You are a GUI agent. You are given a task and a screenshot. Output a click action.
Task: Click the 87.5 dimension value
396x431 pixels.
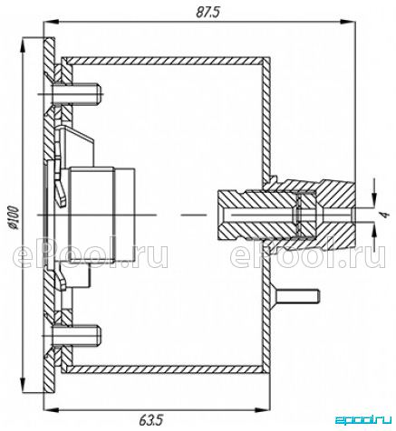pyautogui.click(x=208, y=13)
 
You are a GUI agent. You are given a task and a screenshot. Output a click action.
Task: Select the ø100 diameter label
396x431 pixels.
pyautogui.click(x=14, y=217)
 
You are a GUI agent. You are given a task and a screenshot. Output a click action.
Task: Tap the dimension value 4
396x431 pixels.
pyautogui.click(x=383, y=215)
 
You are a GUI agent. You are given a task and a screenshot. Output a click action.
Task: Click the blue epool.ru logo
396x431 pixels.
pyautogui.click(x=364, y=420)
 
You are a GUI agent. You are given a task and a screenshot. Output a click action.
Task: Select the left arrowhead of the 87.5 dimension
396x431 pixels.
pyautogui.click(x=51, y=22)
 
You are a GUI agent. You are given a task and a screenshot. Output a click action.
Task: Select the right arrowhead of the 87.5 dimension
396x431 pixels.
pyautogui.click(x=347, y=22)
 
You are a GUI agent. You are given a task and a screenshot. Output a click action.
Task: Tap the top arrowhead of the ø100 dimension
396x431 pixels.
pyautogui.click(x=23, y=45)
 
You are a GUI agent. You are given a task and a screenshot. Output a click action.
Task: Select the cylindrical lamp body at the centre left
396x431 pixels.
pyautogui.click(x=101, y=215)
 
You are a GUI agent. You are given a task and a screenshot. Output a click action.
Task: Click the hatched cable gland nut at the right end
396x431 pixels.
pyautogui.click(x=334, y=215)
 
